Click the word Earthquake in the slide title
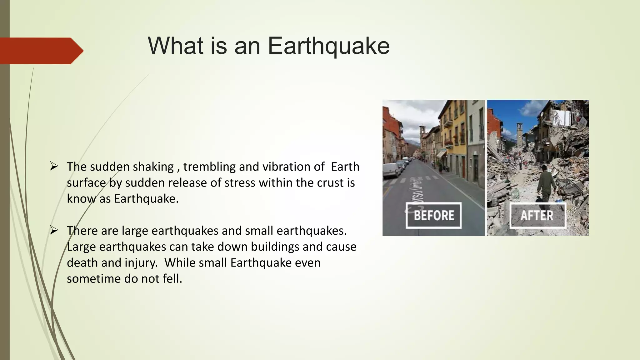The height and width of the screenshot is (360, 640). point(328,46)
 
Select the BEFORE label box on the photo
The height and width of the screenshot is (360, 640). point(434,215)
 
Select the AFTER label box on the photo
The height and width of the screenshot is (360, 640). point(537,215)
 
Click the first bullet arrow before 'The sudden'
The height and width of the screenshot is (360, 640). point(54,167)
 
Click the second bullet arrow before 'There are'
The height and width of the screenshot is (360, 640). point(54,231)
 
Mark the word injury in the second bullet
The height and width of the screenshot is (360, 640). point(141,263)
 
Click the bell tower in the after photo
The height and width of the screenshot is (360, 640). point(520,134)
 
